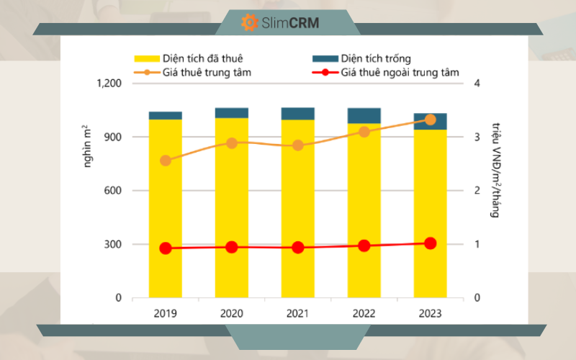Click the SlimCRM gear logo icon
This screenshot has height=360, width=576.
point(250,22)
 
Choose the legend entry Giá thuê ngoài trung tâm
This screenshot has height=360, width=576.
point(400,72)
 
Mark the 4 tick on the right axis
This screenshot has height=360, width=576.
point(477,84)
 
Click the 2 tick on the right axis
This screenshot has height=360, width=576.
point(477,191)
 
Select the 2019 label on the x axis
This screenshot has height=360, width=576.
point(166,314)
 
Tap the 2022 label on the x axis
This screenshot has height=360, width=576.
point(364,314)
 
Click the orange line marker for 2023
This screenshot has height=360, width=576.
point(430,120)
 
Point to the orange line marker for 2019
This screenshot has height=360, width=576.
point(166,161)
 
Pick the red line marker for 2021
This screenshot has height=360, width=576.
point(298,248)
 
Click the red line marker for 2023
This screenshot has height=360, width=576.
point(430,243)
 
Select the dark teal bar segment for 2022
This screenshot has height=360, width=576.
point(364,116)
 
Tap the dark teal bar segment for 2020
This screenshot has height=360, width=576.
point(232,113)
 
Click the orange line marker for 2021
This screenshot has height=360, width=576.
point(298,145)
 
